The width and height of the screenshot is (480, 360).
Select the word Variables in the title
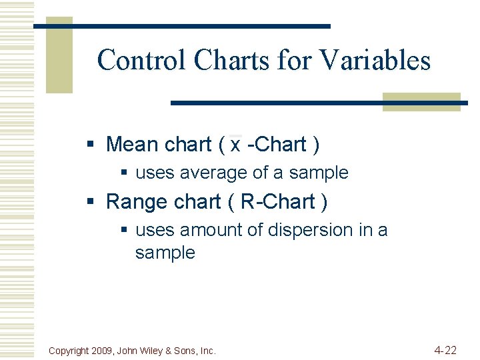click(375, 61)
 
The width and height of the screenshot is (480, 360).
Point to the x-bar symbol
click(235, 144)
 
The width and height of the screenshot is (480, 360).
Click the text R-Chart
click(277, 201)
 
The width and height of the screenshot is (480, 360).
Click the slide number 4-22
click(445, 350)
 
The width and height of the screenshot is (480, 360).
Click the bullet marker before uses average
click(124, 173)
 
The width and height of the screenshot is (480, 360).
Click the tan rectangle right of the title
click(421, 101)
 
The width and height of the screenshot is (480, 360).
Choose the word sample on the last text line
click(165, 253)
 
